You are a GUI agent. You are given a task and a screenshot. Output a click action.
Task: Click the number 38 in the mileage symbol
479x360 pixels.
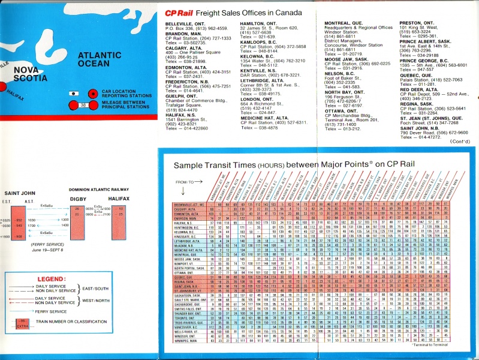click(83, 105)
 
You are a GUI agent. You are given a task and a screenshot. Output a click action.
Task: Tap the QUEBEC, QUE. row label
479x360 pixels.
click(184, 277)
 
